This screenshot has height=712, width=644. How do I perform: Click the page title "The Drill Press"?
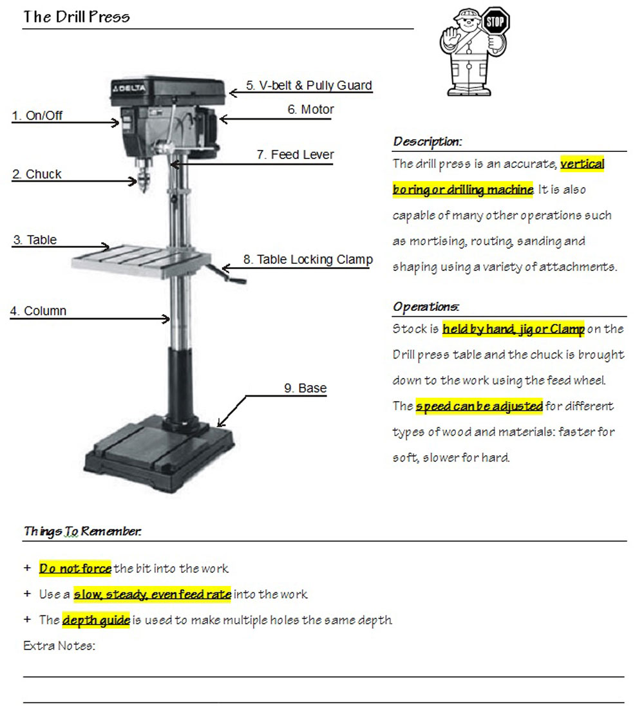click(x=77, y=17)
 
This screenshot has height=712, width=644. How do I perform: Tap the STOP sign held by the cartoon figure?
click(x=495, y=23)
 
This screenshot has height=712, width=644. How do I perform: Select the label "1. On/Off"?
click(x=38, y=116)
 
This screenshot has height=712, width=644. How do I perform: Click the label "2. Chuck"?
click(x=37, y=174)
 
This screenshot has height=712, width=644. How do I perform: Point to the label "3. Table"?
click(x=35, y=240)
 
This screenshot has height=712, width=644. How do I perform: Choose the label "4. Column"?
click(x=39, y=311)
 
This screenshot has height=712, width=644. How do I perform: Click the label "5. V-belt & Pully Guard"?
click(x=309, y=86)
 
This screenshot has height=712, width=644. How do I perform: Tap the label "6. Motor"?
click(x=310, y=110)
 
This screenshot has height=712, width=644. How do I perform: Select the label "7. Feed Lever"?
click(x=295, y=155)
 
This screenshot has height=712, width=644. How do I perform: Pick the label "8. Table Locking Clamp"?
click(x=308, y=259)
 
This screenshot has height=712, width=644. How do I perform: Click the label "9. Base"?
click(x=305, y=388)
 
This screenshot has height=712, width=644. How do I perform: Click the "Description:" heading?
click(x=427, y=142)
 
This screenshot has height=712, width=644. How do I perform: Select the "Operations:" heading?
click(x=426, y=306)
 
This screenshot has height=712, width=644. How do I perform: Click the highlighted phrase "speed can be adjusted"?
click(x=479, y=407)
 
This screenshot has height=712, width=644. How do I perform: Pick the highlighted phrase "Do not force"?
click(x=75, y=568)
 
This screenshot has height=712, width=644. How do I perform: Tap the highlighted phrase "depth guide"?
click(x=96, y=620)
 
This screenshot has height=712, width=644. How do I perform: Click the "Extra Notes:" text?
click(x=59, y=646)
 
